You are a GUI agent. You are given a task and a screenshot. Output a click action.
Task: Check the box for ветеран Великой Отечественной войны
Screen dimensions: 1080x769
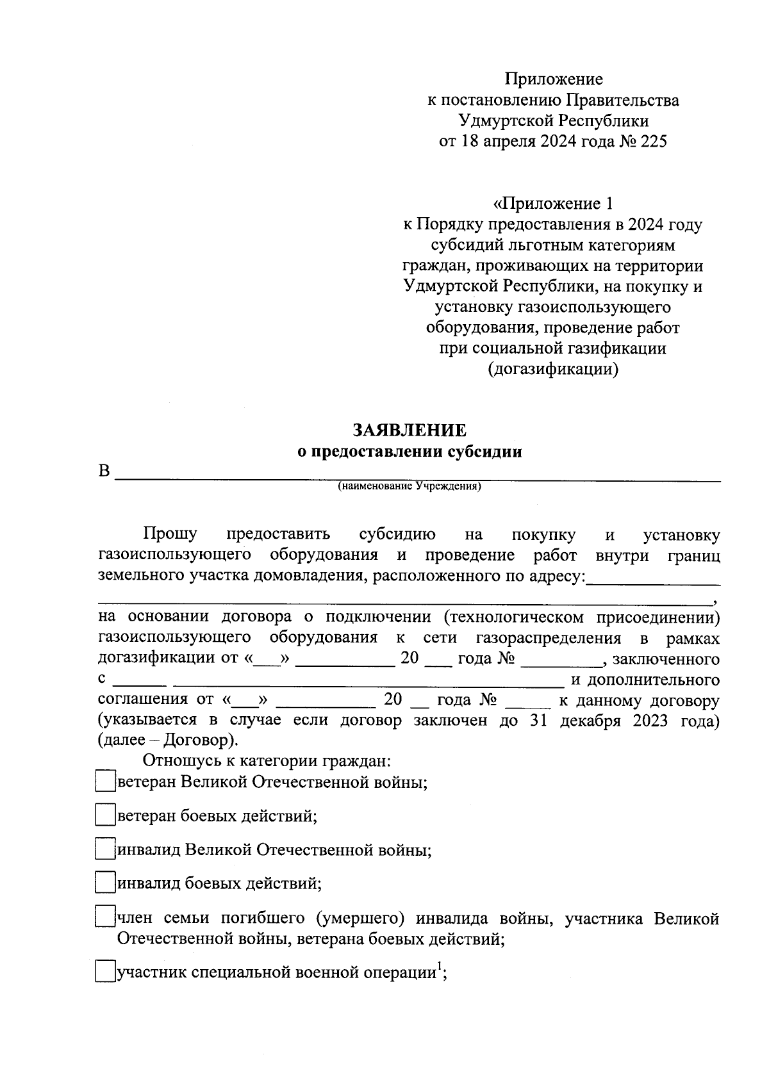pos(104,781)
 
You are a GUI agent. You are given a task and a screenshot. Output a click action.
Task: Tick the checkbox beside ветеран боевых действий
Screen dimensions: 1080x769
pos(104,815)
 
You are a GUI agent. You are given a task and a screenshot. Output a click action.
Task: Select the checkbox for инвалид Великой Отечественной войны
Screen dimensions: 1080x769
pos(104,849)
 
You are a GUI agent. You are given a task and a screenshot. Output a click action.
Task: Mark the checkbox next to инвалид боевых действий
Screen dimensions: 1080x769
pos(104,883)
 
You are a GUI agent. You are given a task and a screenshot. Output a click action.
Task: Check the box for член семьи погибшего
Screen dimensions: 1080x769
pos(104,917)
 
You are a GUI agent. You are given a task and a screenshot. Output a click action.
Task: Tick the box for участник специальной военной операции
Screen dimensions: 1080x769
pos(104,972)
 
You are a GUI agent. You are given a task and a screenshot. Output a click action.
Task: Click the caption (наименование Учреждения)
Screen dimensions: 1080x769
pos(409,486)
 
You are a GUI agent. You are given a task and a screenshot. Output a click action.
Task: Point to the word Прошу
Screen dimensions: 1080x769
pos(170,534)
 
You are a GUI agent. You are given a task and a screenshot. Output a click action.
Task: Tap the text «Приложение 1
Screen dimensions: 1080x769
pos(553,204)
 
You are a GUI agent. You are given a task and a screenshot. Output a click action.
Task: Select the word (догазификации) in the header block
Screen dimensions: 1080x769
pos(553,370)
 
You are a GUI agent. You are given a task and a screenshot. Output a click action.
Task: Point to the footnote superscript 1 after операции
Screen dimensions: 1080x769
pos(440,967)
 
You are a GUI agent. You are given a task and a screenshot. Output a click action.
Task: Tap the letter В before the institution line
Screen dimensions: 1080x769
pos(104,472)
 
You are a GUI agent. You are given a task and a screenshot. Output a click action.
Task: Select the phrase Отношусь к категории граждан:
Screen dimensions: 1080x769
pos(267,761)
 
